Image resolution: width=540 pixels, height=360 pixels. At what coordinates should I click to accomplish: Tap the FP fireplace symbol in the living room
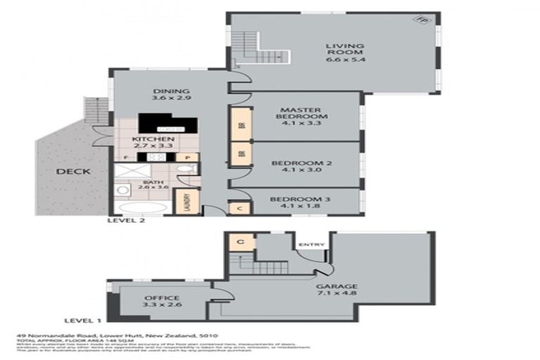(421, 21)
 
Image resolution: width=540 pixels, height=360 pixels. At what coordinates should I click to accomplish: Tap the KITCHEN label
(153, 141)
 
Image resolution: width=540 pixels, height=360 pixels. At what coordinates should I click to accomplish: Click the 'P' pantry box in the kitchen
(188, 157)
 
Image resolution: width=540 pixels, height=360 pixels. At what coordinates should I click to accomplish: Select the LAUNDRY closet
(188, 200)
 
